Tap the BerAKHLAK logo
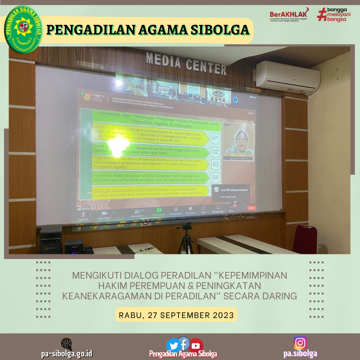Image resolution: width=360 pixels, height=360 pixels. click(289, 14)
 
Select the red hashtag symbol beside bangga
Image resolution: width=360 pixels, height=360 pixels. click(321, 14)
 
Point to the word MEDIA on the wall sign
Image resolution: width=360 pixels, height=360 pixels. click(163, 61)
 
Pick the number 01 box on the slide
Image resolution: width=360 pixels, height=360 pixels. click(215, 137)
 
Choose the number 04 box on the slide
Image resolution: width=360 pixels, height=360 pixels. click(215, 177)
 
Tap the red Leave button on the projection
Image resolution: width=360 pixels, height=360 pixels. click(252, 208)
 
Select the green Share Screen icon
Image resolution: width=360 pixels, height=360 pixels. click(159, 210)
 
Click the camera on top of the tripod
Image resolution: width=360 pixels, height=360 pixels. click(184, 225)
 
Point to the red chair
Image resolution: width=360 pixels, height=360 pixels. click(305, 238)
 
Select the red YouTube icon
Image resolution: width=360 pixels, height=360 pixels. click(196, 346)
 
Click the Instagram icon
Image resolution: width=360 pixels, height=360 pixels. click(300, 343)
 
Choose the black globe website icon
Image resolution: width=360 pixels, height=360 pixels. click(66, 344)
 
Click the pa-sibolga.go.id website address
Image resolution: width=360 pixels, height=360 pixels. click(67, 354)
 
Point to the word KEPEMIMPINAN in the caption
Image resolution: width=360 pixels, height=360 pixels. click(254, 276)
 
